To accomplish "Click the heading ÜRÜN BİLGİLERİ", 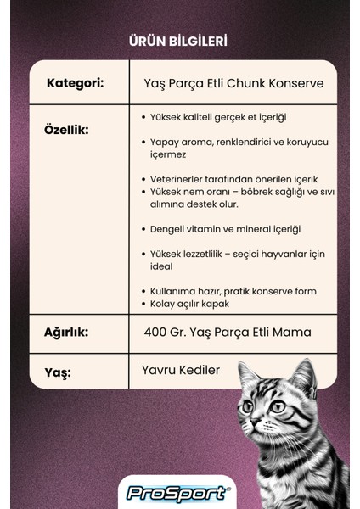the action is tap(179, 40).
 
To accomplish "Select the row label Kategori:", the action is tap(76, 83).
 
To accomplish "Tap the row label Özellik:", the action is tap(66, 130).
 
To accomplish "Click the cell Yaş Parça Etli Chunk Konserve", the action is tap(234, 83).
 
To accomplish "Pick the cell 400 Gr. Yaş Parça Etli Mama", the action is tap(227, 333).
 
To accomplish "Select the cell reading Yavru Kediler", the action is tap(182, 370).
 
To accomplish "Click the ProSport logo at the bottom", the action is tap(177, 492).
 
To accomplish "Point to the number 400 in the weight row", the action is tap(156, 333).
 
